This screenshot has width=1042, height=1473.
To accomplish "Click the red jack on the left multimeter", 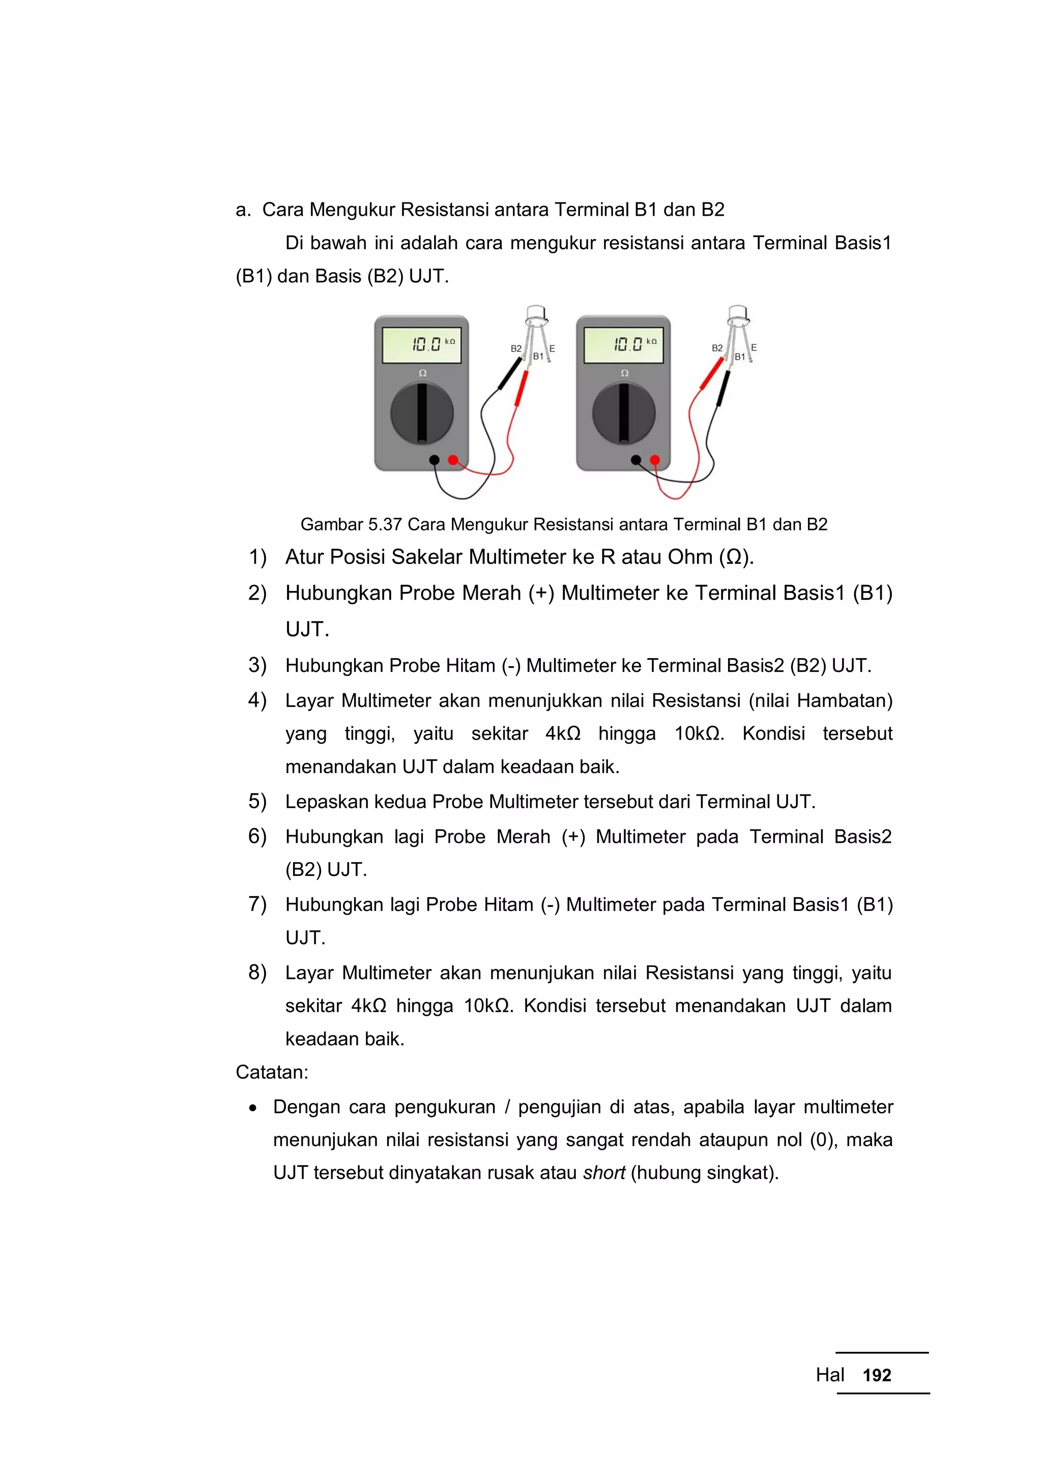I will point(453,460).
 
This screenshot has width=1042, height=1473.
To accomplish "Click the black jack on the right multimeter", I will point(636,460).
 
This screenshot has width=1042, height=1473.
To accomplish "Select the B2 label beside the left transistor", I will point(516,348).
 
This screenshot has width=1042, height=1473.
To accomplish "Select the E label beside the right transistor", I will point(754,347).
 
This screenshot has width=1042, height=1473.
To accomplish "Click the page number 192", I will point(877,1375).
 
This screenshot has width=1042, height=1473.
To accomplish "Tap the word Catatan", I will point(271,1072).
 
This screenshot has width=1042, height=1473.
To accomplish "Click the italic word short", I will point(603,1173).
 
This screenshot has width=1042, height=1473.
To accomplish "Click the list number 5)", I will point(257,801).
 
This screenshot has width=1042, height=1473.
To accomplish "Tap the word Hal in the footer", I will point(830,1375).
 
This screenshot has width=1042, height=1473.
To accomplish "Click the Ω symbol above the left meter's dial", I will point(422,373).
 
